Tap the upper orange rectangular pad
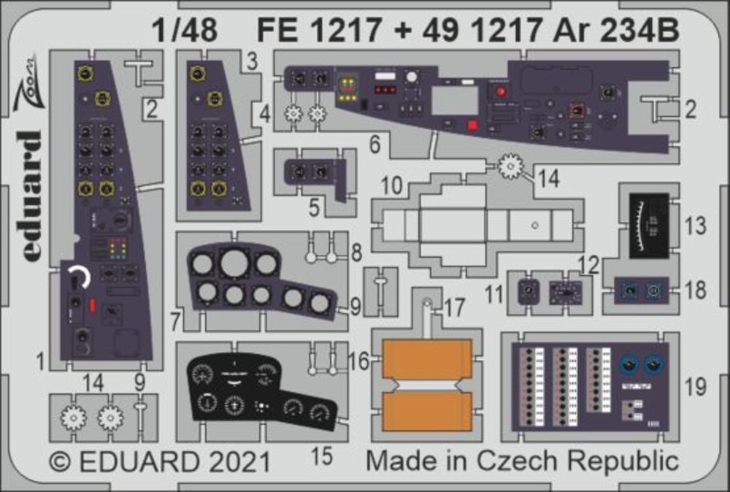[428, 359]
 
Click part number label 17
[453, 309]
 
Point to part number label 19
[696, 387]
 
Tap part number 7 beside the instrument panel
[175, 320]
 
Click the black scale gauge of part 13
[649, 226]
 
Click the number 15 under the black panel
[321, 457]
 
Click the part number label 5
[313, 208]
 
